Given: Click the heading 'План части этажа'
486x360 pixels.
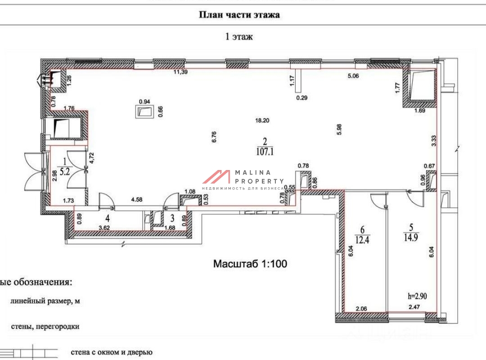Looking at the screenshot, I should click(x=239, y=15).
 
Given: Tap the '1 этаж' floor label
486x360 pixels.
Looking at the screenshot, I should click(x=239, y=37).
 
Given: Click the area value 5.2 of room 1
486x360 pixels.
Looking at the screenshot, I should click(x=66, y=171).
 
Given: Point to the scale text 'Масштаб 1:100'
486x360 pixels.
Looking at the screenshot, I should click(x=250, y=264).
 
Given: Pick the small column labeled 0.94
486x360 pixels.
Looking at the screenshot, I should click(x=144, y=112).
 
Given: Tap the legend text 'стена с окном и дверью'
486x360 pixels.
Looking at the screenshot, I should click(x=112, y=352).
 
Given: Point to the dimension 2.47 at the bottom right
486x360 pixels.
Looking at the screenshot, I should click(x=414, y=307).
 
